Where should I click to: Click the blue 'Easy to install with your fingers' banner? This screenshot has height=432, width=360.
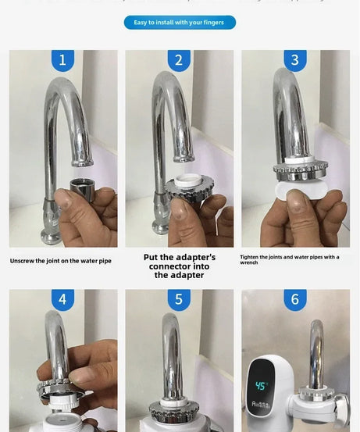[180, 23]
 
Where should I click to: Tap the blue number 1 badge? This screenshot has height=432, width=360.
[62, 60]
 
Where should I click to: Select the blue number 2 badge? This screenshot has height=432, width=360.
[179, 60]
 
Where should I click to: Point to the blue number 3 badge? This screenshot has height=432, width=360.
[294, 60]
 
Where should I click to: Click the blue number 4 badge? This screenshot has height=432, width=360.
[62, 299]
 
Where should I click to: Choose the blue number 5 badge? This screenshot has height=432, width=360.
[179, 299]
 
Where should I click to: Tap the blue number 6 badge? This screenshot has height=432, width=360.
[294, 299]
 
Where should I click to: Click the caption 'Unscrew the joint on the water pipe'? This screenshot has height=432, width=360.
[60, 261]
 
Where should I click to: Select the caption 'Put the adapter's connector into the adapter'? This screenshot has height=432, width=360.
[179, 266]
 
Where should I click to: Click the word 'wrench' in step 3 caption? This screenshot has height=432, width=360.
[248, 263]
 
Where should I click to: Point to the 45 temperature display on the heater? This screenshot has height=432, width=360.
[261, 386]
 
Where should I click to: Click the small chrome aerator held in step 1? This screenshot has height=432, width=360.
[80, 187]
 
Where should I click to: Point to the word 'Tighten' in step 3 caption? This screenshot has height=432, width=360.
[250, 257]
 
